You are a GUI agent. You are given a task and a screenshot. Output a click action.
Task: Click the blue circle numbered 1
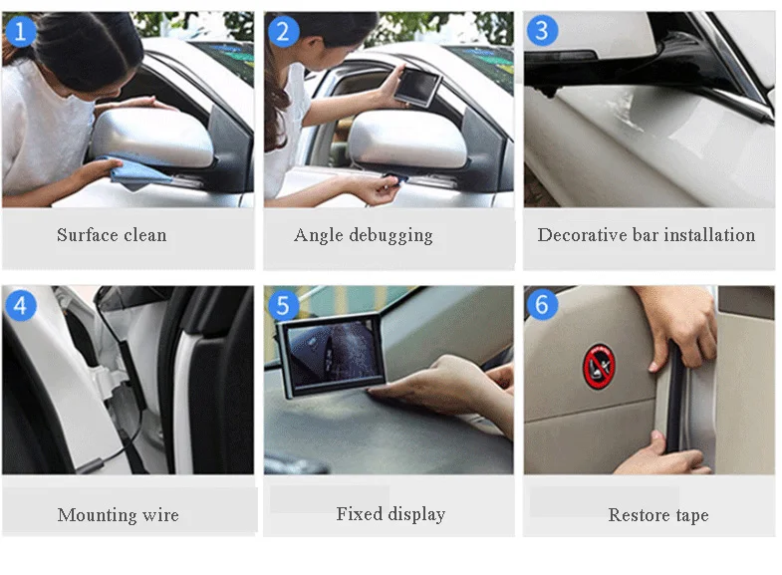(21, 31)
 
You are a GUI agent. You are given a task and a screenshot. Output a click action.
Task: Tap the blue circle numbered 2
(283, 31)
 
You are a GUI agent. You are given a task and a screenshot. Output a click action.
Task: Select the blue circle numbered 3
(542, 31)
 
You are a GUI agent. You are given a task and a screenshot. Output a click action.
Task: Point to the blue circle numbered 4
(21, 305)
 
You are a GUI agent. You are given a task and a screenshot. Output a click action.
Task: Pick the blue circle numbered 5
(283, 305)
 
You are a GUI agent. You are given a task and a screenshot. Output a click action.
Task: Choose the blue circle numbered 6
(542, 304)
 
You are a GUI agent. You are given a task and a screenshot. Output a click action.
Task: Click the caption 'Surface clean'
(112, 234)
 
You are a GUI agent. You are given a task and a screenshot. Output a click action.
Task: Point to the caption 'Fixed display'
(391, 514)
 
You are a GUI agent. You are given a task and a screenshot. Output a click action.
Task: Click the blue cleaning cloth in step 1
(132, 171)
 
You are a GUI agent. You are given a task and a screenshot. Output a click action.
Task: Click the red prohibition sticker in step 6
(599, 366)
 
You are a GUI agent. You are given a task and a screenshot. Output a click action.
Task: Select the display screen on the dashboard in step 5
(332, 355)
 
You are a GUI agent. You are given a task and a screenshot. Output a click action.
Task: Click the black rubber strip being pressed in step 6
(674, 399)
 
